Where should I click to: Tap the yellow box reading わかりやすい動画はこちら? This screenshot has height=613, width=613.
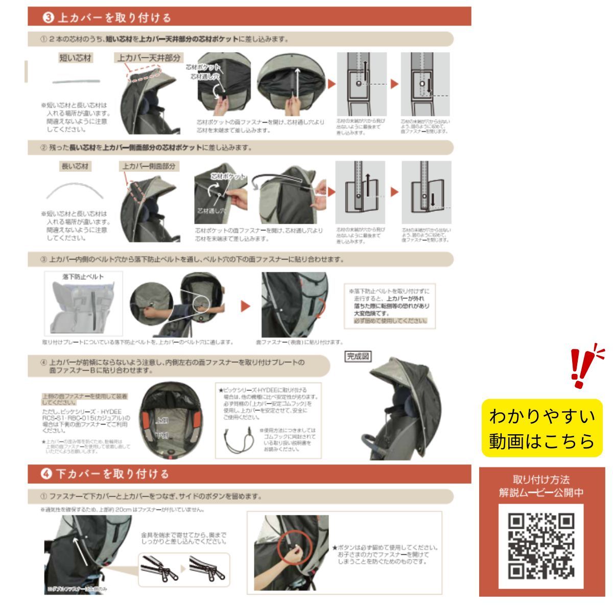(542, 428)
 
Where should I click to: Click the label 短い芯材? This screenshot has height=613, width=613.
(76, 58)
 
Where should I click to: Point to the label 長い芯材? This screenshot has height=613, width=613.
(75, 167)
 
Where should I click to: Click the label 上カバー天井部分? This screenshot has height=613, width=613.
(149, 58)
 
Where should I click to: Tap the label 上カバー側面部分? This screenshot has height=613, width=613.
(149, 167)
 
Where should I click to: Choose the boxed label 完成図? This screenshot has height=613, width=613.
(358, 357)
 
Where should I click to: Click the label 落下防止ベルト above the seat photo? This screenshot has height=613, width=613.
(83, 277)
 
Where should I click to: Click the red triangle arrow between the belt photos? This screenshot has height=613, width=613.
(246, 306)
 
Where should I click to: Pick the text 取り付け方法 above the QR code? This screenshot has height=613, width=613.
(541, 480)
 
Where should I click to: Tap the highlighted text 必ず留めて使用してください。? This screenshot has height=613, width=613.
(391, 321)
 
